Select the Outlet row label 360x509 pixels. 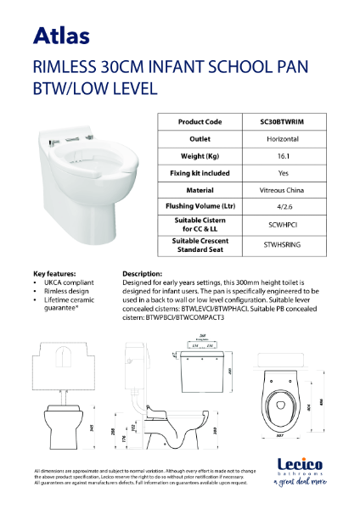[200, 139]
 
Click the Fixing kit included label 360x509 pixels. [200, 173]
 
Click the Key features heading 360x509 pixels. [54, 274]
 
